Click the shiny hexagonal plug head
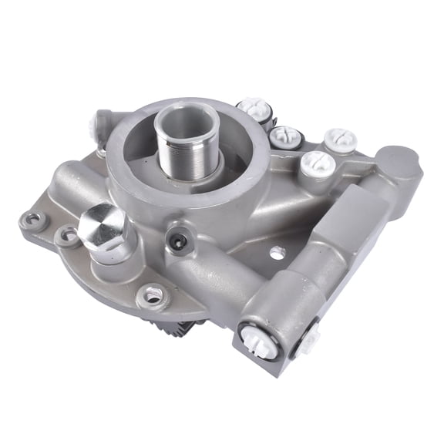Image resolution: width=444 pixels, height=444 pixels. coord(103,224)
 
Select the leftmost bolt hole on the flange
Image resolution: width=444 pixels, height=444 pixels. coord(35,221)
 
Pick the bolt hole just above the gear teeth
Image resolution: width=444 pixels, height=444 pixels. coord(151,295)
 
